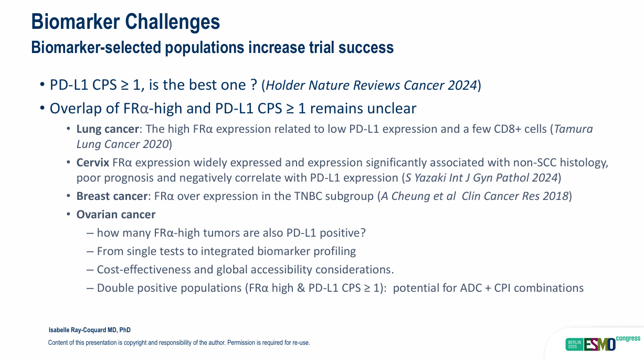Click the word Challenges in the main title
click(x=172, y=22)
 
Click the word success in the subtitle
click(x=366, y=47)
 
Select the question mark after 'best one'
click(x=254, y=85)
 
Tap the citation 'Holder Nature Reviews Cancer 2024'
click(x=371, y=85)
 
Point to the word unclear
click(x=392, y=109)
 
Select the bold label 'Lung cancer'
click(x=108, y=129)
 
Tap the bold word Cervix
click(x=92, y=163)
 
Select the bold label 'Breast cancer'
click(x=112, y=196)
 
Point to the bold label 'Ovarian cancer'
click(x=116, y=215)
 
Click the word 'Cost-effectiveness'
click(x=144, y=270)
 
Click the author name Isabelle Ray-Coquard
click(x=77, y=330)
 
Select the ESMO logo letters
click(x=600, y=344)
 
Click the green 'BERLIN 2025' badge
click(x=574, y=344)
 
